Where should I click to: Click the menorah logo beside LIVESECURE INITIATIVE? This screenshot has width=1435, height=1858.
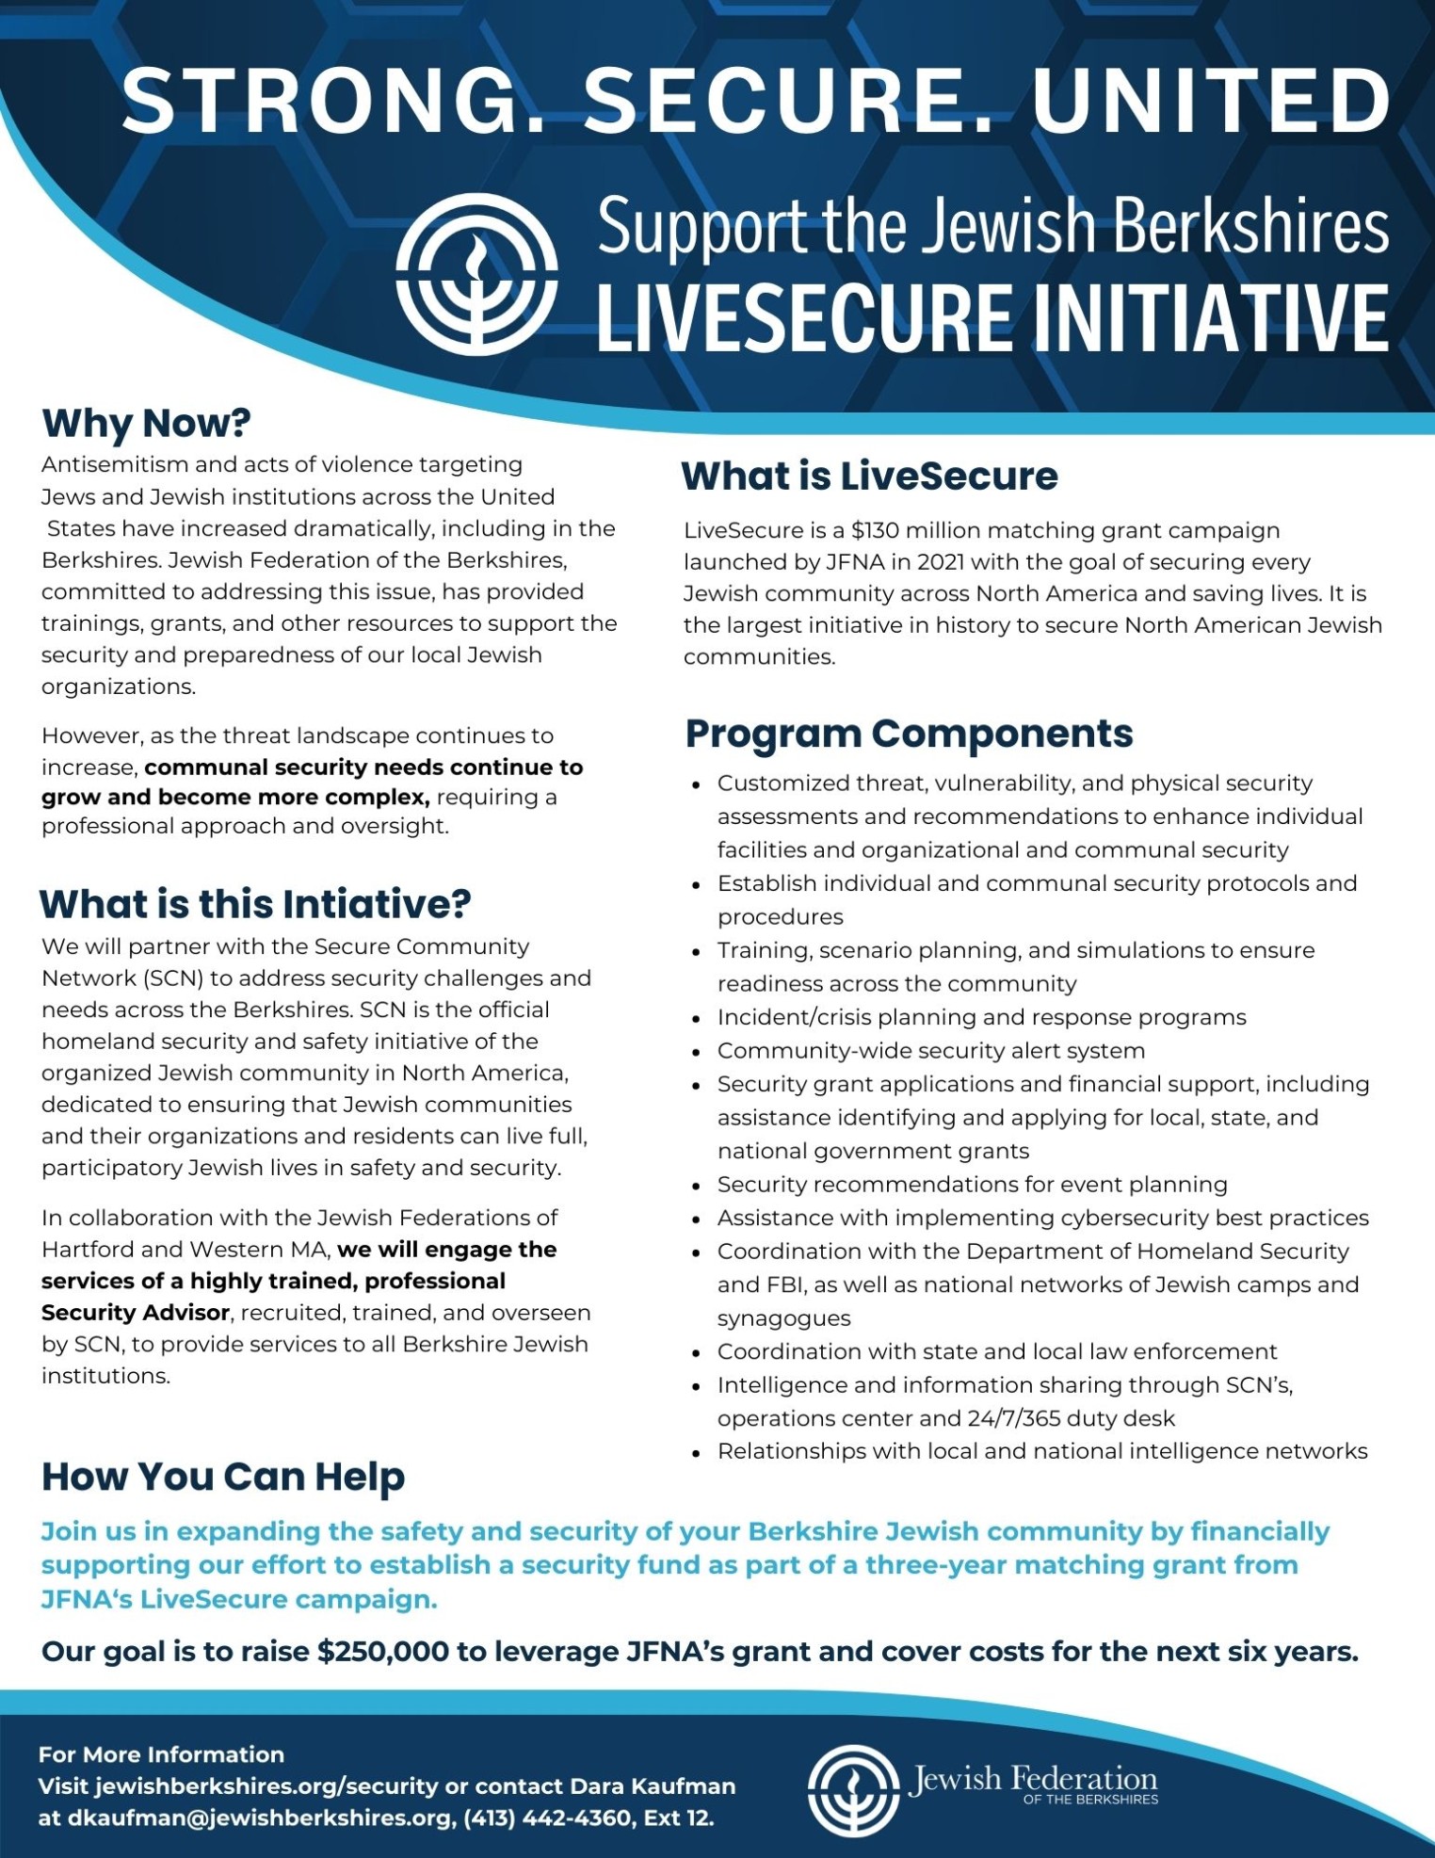[476, 274]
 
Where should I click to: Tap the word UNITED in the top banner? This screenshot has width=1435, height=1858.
[1212, 100]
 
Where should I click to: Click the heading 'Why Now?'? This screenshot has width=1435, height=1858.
[146, 423]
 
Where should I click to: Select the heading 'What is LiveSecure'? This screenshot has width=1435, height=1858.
[869, 476]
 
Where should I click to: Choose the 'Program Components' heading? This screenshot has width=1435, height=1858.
[909, 734]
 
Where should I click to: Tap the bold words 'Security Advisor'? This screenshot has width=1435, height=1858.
[136, 1313]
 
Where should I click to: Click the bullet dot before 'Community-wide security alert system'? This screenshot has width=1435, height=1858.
[696, 1052]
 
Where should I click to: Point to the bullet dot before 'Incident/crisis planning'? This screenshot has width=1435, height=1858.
[696, 1019]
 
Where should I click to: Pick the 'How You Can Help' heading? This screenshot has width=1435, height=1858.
[223, 1477]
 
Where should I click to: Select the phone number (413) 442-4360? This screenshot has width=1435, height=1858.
[549, 1818]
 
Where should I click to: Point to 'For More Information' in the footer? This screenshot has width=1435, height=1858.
[161, 1754]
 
